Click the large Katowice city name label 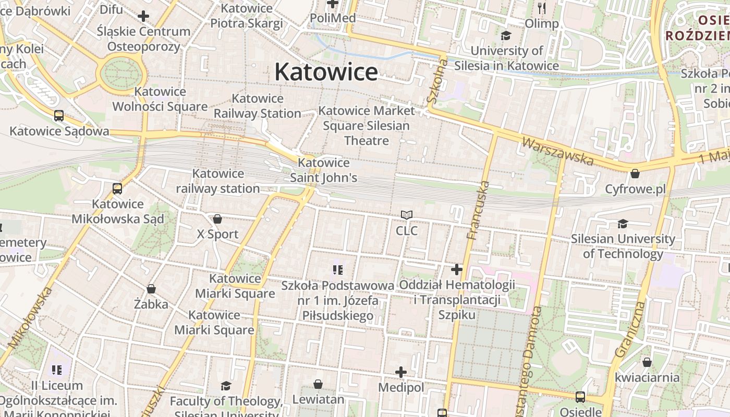[x=326, y=71]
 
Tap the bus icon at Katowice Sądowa [x=59, y=116]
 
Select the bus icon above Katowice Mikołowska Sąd [x=117, y=189]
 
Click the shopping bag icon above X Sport [x=217, y=219]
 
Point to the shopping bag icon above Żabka [x=151, y=289]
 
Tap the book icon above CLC [x=407, y=215]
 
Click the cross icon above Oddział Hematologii [x=457, y=269]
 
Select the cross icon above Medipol [x=400, y=372]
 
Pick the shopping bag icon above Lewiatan [x=318, y=385]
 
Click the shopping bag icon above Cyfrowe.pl [x=635, y=174]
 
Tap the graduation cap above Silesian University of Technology [x=623, y=224]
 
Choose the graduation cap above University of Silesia [x=506, y=36]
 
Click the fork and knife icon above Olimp [x=542, y=8]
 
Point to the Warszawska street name [x=557, y=151]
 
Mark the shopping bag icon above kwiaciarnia [x=647, y=362]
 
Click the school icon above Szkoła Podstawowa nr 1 [x=337, y=269]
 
